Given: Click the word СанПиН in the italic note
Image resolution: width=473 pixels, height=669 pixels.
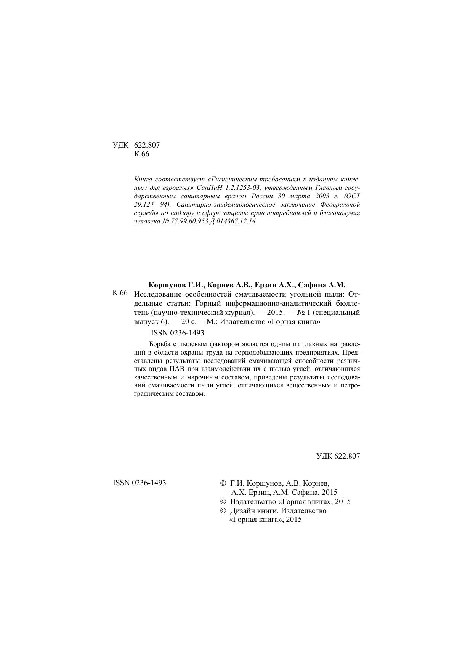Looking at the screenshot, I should pyautogui.click(x=208, y=188).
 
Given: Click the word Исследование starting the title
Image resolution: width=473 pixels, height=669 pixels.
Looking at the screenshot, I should pyautogui.click(x=158, y=294).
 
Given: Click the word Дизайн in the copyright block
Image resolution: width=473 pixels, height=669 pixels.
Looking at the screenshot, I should pyautogui.click(x=244, y=511).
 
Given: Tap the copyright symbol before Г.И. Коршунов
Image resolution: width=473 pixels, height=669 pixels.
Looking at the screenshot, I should pyautogui.click(x=223, y=483).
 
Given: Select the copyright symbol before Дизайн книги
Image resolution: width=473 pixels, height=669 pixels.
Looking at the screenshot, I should pyautogui.click(x=223, y=511).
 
